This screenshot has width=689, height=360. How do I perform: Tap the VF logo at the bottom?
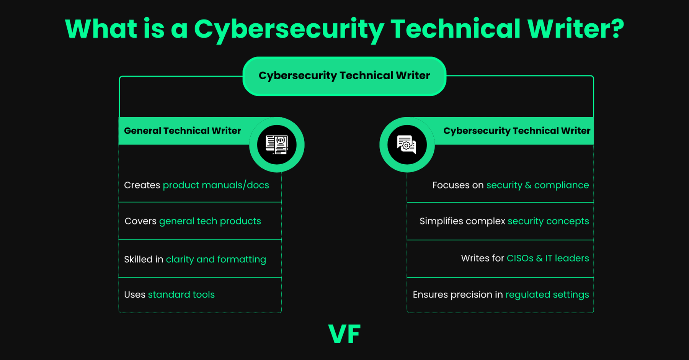pyautogui.click(x=344, y=334)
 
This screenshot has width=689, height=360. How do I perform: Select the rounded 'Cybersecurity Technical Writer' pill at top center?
pyautogui.click(x=344, y=76)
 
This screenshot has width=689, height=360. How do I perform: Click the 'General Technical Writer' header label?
pyautogui.click(x=182, y=131)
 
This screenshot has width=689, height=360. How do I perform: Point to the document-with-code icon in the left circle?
pyautogui.click(x=277, y=145)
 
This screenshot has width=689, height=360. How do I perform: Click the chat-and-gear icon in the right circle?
pyautogui.click(x=407, y=145)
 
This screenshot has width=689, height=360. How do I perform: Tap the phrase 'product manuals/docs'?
pyautogui.click(x=216, y=185)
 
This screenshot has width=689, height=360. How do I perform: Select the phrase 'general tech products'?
pyautogui.click(x=210, y=221)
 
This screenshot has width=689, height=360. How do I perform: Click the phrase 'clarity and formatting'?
pyautogui.click(x=216, y=260)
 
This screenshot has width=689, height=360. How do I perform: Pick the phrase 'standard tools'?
pyautogui.click(x=181, y=295)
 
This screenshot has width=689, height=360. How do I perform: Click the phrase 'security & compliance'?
pyautogui.click(x=537, y=185)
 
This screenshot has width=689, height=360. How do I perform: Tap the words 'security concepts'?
pyautogui.click(x=548, y=221)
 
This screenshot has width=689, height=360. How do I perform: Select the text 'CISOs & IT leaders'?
pyautogui.click(x=548, y=259)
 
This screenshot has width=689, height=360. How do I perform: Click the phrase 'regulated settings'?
pyautogui.click(x=547, y=295)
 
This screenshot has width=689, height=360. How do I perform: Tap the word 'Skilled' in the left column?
pyautogui.click(x=138, y=260)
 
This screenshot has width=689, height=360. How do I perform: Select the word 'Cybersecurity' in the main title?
pyautogui.click(x=289, y=29)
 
